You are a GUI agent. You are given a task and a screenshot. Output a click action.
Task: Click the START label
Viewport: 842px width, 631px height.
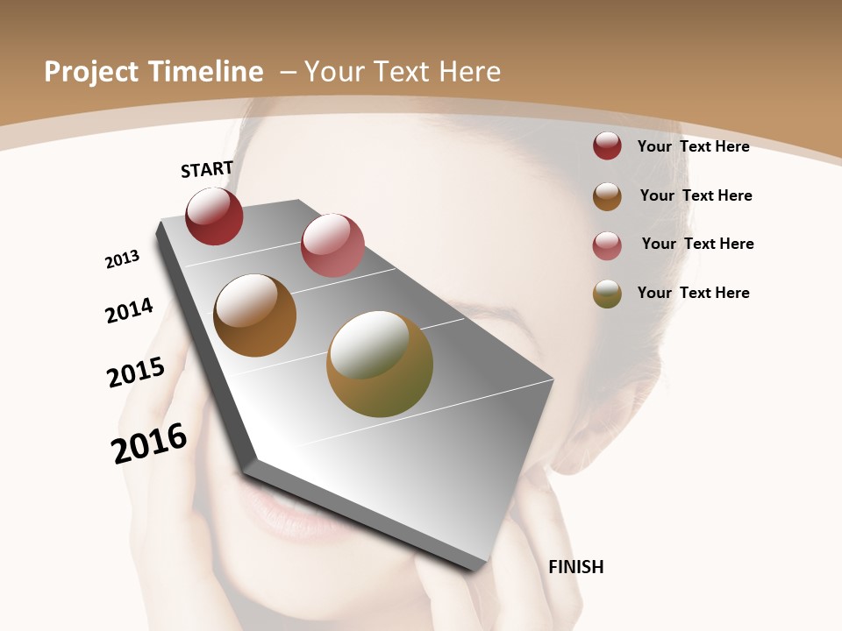[207, 169]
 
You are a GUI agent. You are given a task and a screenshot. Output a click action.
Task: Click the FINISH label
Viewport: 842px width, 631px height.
[575, 567]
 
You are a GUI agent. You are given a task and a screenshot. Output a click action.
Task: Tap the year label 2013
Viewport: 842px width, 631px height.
[122, 259]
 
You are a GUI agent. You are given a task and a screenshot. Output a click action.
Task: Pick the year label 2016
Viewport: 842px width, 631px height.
[149, 443]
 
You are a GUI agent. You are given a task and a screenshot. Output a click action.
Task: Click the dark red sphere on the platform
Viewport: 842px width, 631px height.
[214, 216]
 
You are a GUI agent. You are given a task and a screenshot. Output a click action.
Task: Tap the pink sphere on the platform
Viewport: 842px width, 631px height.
[332, 245]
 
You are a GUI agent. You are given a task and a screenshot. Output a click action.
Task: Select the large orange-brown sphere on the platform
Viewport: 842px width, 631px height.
[254, 315]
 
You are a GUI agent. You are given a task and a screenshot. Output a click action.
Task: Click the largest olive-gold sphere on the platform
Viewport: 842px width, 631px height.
[380, 364]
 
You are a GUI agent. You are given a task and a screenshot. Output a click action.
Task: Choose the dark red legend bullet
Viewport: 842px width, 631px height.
[607, 146]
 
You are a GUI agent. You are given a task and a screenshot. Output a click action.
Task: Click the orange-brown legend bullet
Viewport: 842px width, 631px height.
[607, 196]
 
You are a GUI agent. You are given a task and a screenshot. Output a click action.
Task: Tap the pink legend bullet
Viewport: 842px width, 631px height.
[607, 245]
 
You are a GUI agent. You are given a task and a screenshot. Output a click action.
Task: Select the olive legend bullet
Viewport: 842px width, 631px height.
[607, 294]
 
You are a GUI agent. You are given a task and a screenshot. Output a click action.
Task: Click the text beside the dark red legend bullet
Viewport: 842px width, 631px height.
[693, 146]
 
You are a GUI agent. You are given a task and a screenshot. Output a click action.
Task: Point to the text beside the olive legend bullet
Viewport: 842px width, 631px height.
[693, 293]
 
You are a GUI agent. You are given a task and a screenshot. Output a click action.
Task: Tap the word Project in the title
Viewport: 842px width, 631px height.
[91, 72]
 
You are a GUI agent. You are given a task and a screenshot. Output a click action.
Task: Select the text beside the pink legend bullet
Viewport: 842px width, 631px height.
[697, 244]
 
